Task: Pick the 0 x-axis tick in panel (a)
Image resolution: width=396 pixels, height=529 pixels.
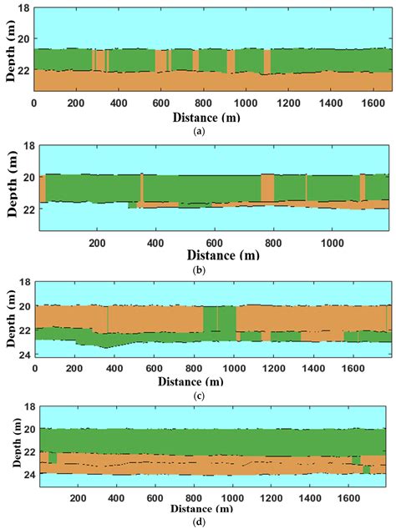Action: pos(34,105)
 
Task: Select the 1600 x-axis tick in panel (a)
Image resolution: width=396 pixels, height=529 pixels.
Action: pos(372,105)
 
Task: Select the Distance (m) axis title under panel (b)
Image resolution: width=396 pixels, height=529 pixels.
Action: pos(216,255)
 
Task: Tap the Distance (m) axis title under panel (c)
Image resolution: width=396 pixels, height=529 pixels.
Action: pos(211,381)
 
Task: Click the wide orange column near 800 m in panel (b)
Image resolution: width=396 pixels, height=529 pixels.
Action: pos(267,188)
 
